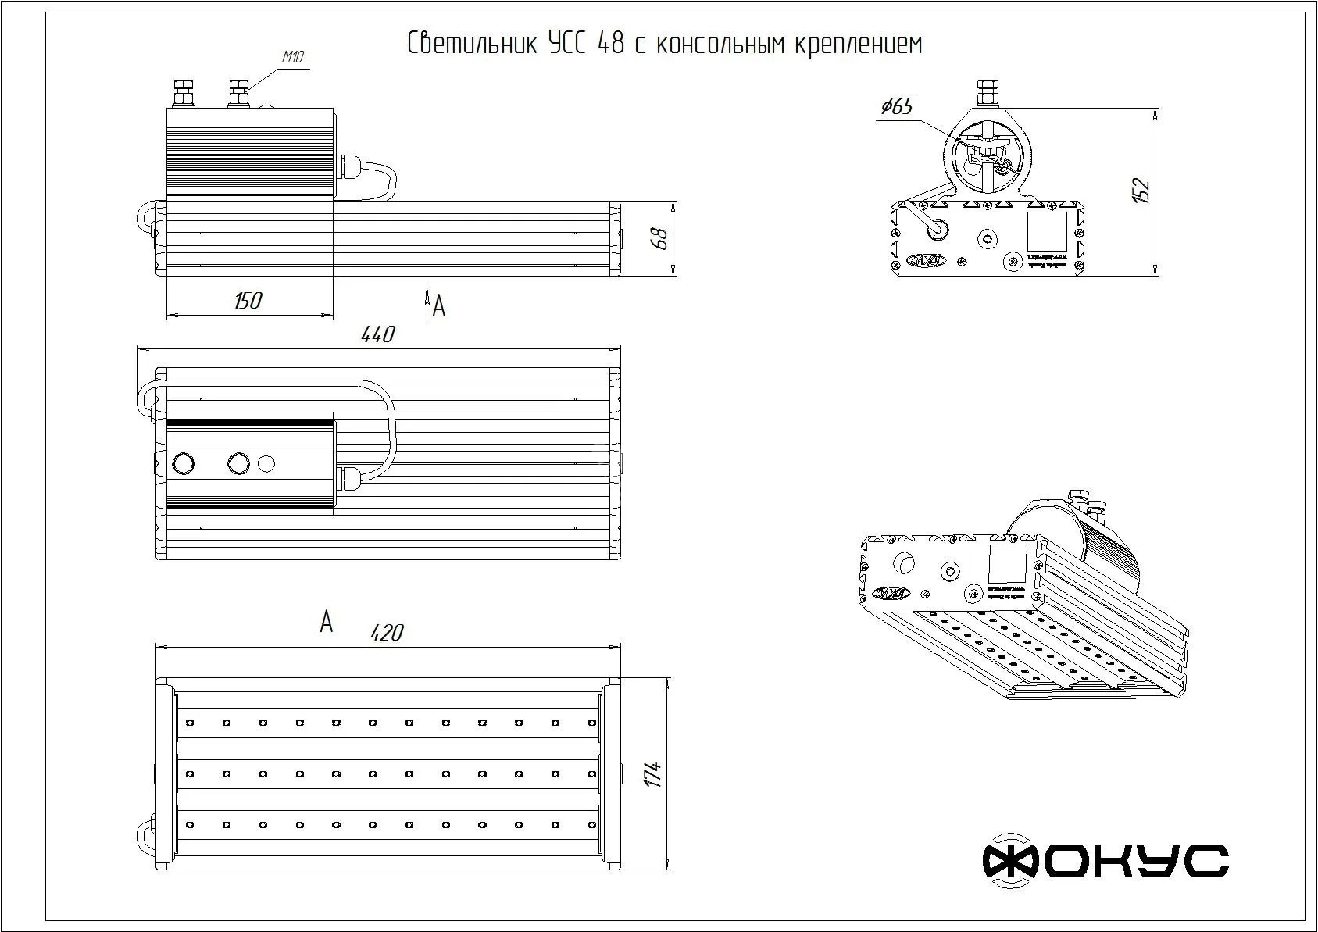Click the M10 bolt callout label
(x=292, y=56)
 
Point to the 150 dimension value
(x=248, y=301)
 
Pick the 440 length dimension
(x=378, y=334)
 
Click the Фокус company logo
(x=1105, y=861)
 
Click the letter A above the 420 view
(x=327, y=623)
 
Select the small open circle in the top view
(x=266, y=463)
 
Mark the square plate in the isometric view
(x=1008, y=562)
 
